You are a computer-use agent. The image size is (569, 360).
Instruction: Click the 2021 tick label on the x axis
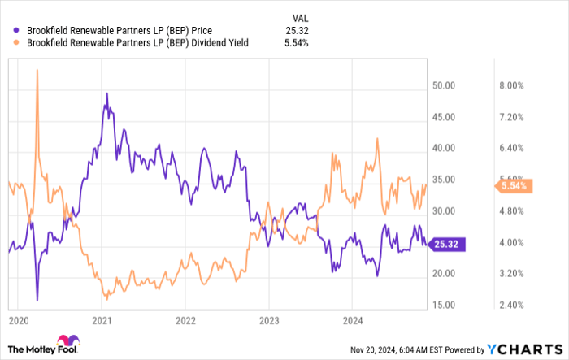[x=102, y=322]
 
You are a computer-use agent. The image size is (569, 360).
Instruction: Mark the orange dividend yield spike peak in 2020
[x=37, y=71]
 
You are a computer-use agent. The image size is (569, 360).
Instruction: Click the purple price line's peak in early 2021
[x=107, y=94]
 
